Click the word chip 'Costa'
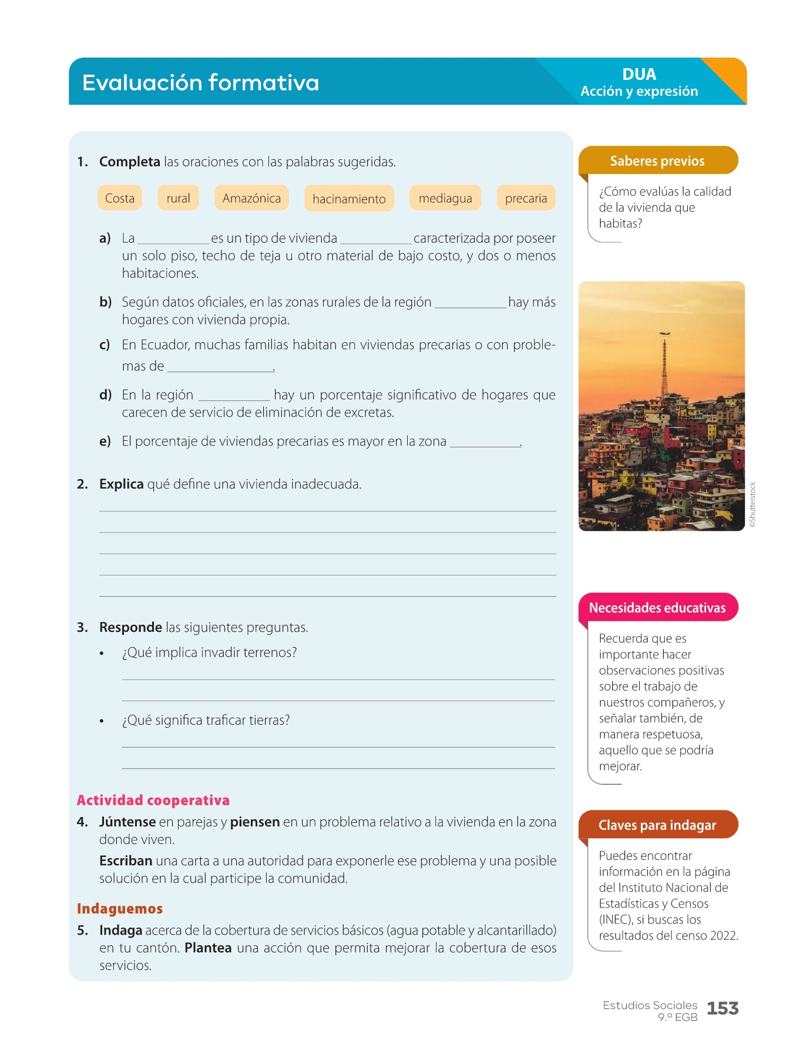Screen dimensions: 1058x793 pyautogui.click(x=120, y=198)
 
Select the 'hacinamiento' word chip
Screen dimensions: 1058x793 pyautogui.click(x=349, y=199)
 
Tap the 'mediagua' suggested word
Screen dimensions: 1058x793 pyautogui.click(x=445, y=198)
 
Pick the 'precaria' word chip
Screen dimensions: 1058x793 pyautogui.click(x=526, y=198)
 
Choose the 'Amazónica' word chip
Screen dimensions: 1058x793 pyautogui.click(x=251, y=198)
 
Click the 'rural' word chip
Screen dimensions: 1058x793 pyautogui.click(x=178, y=198)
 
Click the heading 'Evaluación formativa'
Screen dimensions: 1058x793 pyautogui.click(x=200, y=83)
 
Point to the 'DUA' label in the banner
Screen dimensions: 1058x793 pyautogui.click(x=639, y=75)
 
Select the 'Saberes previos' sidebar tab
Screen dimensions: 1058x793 pyautogui.click(x=657, y=161)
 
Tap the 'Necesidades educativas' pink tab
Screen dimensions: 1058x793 pyautogui.click(x=657, y=608)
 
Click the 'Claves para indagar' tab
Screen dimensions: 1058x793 pyautogui.click(x=657, y=825)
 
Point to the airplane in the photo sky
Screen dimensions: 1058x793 pyautogui.click(x=664, y=333)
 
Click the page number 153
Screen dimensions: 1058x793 pyautogui.click(x=723, y=1009)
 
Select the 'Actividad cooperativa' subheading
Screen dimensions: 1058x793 pyautogui.click(x=153, y=800)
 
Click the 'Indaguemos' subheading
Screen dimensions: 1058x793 pyautogui.click(x=120, y=909)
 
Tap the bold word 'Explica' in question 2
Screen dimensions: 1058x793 pyautogui.click(x=122, y=484)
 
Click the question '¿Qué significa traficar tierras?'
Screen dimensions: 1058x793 pyautogui.click(x=206, y=720)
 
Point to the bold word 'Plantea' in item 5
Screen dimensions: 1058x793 pyautogui.click(x=208, y=948)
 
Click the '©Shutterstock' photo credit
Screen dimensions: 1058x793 pyautogui.click(x=753, y=505)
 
